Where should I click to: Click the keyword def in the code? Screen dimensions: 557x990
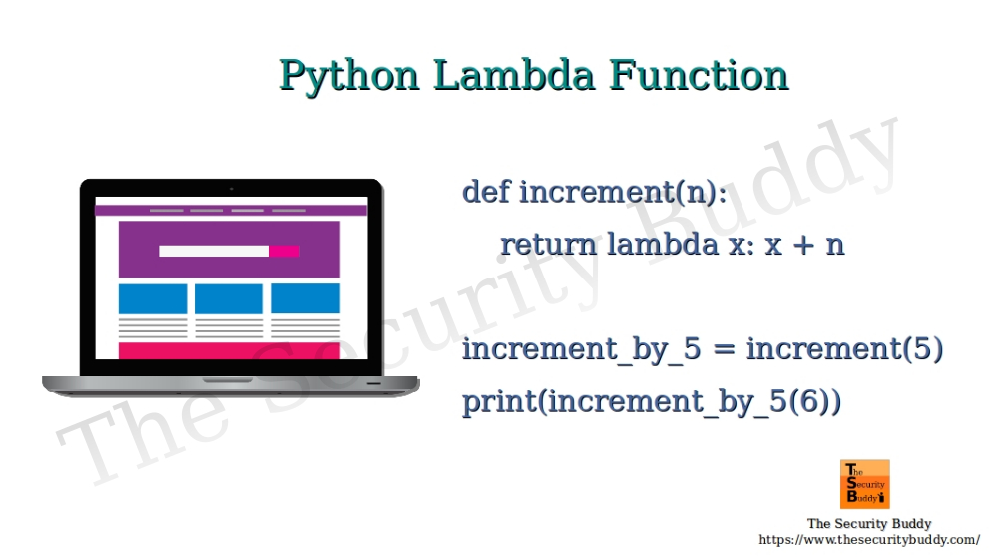tap(486, 192)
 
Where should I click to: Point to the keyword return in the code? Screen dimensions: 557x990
tap(548, 245)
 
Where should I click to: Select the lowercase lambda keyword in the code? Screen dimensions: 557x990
tap(663, 245)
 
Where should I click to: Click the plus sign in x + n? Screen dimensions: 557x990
tap(802, 246)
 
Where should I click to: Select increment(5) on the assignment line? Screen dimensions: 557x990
tap(844, 350)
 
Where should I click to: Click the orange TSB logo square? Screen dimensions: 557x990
tap(864, 484)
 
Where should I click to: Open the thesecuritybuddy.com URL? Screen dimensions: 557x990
tap(869, 540)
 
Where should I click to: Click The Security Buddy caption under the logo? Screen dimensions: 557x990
tap(868, 523)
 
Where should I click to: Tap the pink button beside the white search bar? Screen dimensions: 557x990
tap(284, 251)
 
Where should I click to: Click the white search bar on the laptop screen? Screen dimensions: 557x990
tap(214, 251)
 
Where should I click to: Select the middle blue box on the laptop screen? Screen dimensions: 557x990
tap(229, 298)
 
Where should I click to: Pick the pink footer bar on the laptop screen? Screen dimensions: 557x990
tap(229, 350)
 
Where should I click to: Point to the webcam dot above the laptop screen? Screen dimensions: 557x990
tap(231, 188)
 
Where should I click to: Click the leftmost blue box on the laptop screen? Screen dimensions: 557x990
tap(153, 298)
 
